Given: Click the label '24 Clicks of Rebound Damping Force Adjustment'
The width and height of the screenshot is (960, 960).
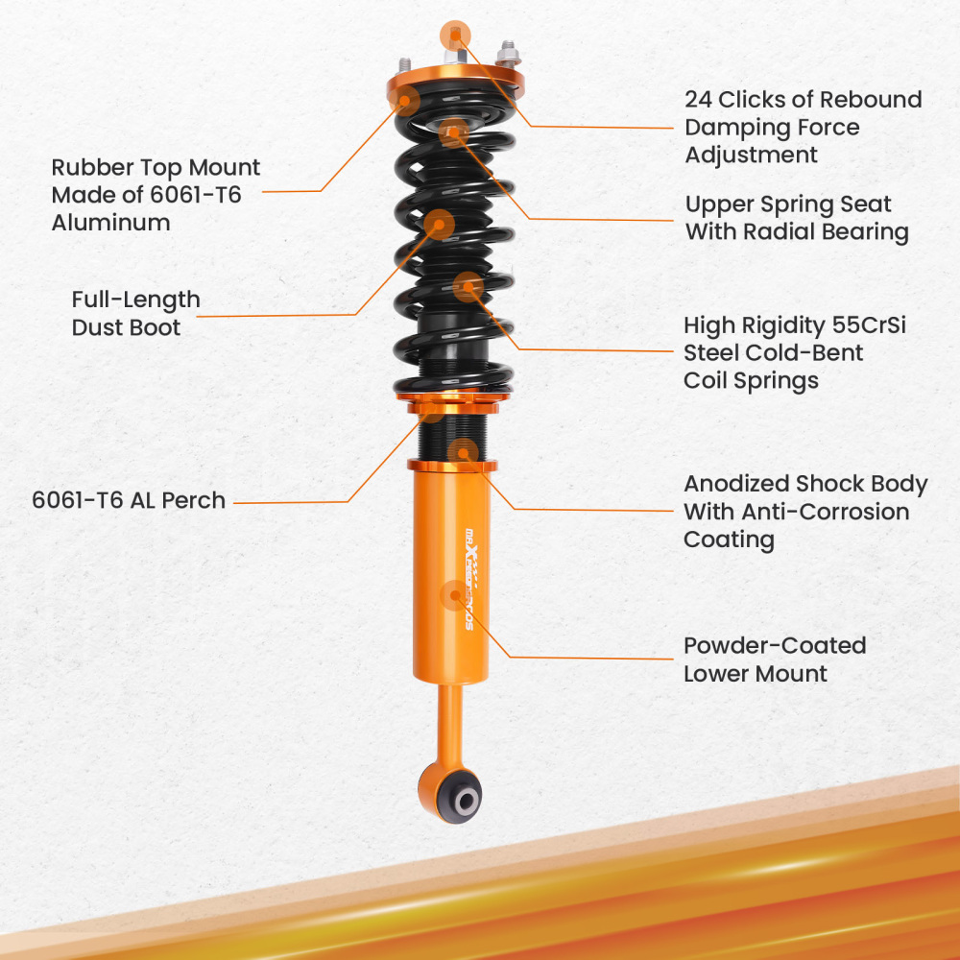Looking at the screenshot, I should (x=803, y=127).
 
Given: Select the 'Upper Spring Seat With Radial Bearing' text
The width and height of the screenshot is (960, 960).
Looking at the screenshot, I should (x=796, y=218).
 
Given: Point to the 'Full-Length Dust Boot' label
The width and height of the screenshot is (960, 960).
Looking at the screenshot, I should (x=135, y=313).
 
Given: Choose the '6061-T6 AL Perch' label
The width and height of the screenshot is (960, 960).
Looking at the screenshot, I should (x=129, y=500).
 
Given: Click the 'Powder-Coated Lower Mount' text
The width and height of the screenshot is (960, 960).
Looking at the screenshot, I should (x=774, y=659).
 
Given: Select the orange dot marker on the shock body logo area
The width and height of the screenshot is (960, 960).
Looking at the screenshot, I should (x=453, y=595).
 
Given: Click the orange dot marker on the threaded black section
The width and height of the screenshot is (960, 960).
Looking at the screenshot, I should (x=462, y=451).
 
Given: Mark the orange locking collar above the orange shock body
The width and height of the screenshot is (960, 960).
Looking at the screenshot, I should (x=452, y=466).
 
